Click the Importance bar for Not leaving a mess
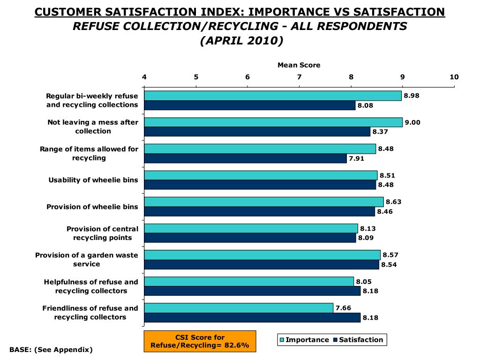(273, 122)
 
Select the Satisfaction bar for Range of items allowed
(245, 158)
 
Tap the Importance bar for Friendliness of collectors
(239, 308)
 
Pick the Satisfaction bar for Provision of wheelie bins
(259, 211)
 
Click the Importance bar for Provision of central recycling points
(251, 228)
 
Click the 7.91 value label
(356, 158)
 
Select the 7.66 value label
(343, 308)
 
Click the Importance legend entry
(304, 340)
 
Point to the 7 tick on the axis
(299, 77)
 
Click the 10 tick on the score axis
(454, 77)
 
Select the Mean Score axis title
(299, 65)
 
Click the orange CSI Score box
(200, 341)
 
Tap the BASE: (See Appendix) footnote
(51, 350)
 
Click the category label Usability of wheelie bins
(93, 180)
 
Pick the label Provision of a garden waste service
(87, 259)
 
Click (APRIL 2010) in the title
(241, 41)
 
